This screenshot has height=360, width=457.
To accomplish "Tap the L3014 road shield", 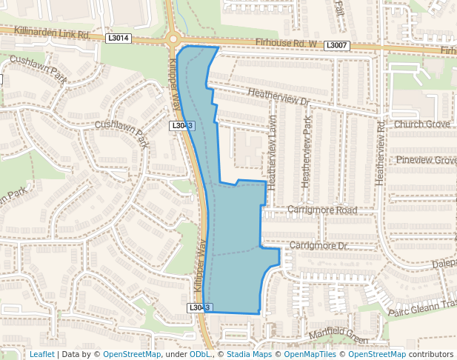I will click(x=119, y=38).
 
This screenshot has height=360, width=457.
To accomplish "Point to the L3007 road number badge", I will click(x=337, y=46).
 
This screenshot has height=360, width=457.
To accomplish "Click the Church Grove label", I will click(x=422, y=124).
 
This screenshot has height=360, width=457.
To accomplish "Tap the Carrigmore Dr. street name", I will click(x=318, y=245).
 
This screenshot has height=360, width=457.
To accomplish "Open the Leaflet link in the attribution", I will click(x=41, y=354).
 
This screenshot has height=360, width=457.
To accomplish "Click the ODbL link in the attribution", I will click(x=200, y=354).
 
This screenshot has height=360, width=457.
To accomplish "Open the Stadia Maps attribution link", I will click(x=249, y=354).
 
